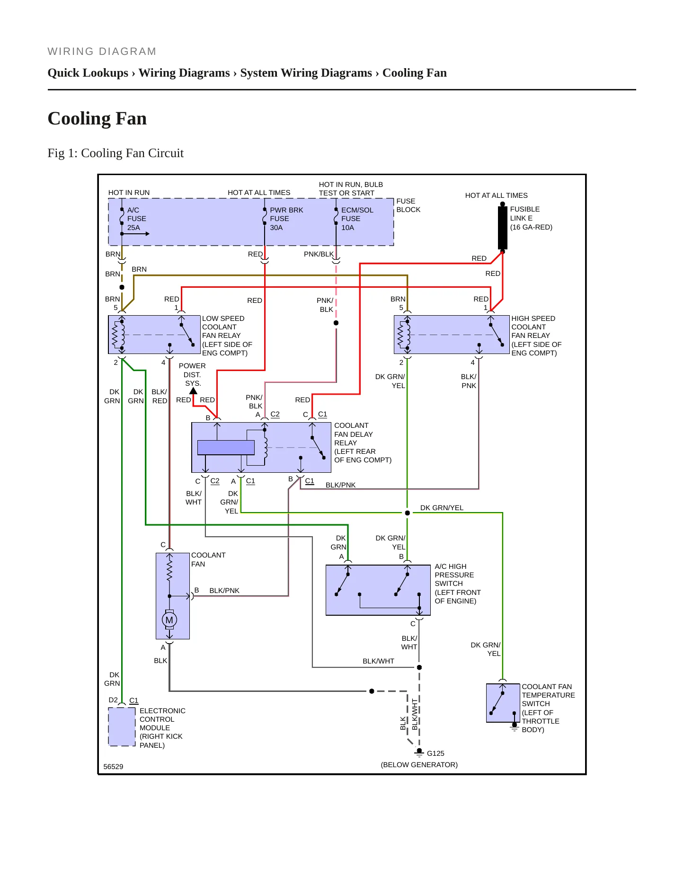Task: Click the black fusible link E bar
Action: click(503, 228)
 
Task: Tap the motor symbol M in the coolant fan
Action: click(169, 619)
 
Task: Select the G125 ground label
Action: click(435, 753)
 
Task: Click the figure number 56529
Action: click(113, 767)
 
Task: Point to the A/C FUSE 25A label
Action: click(136, 219)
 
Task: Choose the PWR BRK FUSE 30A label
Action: click(286, 219)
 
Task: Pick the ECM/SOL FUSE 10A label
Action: click(357, 219)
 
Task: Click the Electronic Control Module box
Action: click(122, 726)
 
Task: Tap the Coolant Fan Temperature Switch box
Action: click(503, 703)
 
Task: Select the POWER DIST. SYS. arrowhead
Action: click(193, 391)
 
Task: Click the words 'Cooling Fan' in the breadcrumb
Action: click(414, 73)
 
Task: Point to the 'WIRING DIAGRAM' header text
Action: click(102, 52)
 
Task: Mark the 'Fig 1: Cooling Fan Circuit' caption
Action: click(115, 153)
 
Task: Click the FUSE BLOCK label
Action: click(408, 205)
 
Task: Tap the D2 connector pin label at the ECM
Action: click(113, 700)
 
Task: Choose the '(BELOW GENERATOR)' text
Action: click(419, 765)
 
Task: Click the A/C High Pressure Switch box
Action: click(378, 590)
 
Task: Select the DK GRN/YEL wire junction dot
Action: click(407, 513)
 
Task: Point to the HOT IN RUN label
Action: click(129, 193)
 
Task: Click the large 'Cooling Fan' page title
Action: click(97, 118)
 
